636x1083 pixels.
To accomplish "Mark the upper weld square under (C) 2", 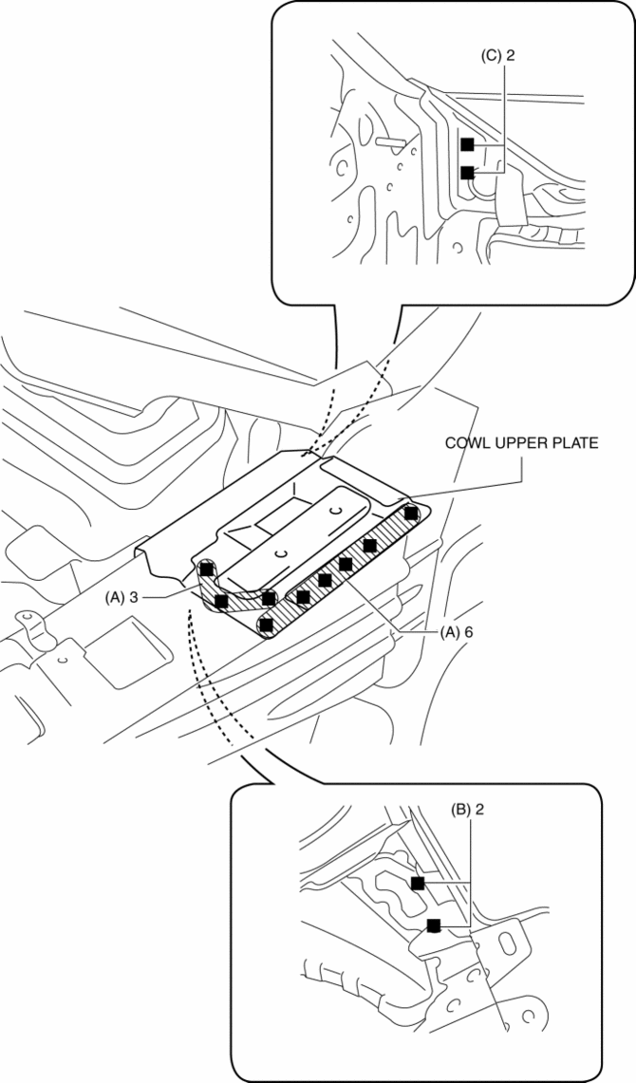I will tap(467, 144).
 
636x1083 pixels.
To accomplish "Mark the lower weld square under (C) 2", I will tap(467, 173).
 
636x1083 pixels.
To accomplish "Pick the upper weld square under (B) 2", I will tap(418, 883).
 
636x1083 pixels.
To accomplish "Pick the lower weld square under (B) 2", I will tap(434, 924).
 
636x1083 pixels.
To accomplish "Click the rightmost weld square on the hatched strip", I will tap(411, 513).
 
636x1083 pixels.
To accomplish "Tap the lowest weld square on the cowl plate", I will tap(267, 625).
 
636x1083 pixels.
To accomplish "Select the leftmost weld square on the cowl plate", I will tap(206, 570).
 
